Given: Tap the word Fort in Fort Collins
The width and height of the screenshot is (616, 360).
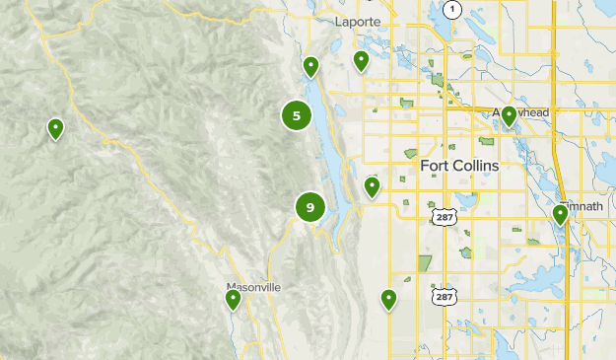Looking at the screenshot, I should tap(437, 166).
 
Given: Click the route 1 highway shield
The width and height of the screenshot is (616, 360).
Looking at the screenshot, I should tap(452, 10).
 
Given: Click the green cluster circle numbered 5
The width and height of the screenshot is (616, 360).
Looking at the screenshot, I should tap(297, 115).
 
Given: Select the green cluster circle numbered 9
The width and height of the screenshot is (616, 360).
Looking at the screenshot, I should tap(310, 207).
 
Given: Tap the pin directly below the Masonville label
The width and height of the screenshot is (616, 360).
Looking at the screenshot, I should tap(234, 299).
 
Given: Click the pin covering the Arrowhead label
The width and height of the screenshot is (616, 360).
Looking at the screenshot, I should tap(509, 116).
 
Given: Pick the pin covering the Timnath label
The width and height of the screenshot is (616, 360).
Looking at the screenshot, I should tap(560, 213).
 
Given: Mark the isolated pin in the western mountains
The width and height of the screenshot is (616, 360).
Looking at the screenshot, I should tap(56, 128).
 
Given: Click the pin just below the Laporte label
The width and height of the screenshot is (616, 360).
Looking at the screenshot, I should tap(361, 61).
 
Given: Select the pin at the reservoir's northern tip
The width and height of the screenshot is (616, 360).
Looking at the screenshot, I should tap(310, 66).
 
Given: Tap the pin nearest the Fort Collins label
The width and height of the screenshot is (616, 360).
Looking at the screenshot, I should tap(372, 185).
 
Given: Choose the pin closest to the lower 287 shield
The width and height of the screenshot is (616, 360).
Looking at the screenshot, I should tap(388, 298).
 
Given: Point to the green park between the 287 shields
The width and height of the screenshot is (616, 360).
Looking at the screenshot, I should tap(426, 263).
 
